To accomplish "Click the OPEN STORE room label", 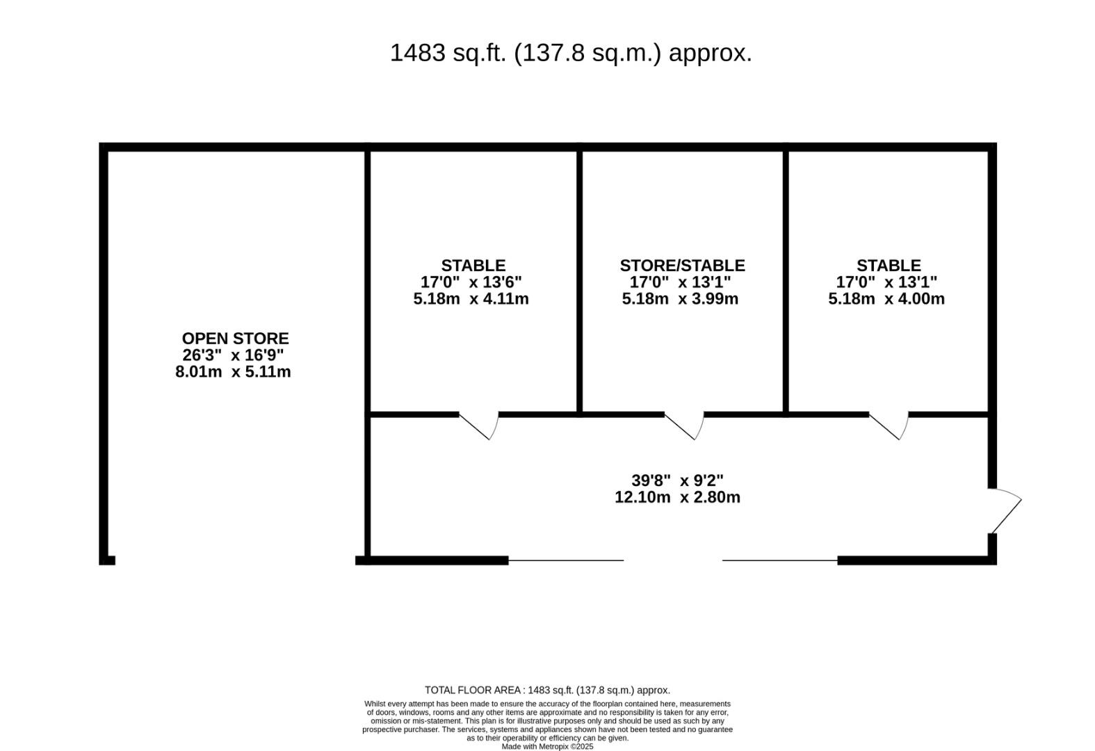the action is coord(235,339).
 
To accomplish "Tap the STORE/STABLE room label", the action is coord(683,266).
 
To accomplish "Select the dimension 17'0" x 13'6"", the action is coord(471,282).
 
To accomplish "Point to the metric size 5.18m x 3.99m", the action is coord(680,299).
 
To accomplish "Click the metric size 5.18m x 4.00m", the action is coord(886,299).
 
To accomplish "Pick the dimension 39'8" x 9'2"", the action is coord(678,481).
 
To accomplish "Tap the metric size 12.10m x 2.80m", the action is coord(678,497).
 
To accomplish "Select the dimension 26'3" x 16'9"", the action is coord(233,355).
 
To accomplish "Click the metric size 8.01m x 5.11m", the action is coord(233,371).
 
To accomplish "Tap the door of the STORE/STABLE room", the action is coord(685,426).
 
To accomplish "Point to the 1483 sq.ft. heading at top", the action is coord(571,53).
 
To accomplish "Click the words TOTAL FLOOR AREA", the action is coord(473,691).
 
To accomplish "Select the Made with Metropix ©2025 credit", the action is coord(548,747).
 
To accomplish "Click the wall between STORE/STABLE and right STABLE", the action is coord(786,282).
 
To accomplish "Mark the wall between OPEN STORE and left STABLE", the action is coord(367,354).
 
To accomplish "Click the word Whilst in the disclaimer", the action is coord(375,704).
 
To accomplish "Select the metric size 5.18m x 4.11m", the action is coord(471,299).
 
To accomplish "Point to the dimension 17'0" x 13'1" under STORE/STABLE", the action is coord(680,282).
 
